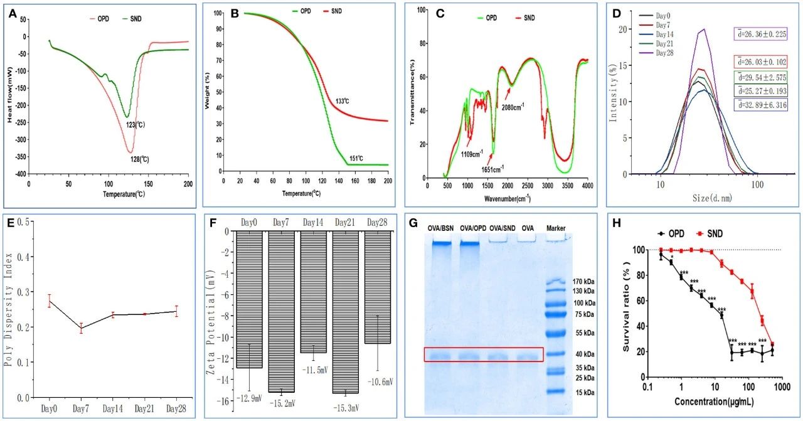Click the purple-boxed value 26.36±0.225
click(x=761, y=35)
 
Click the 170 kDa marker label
click(x=587, y=281)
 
